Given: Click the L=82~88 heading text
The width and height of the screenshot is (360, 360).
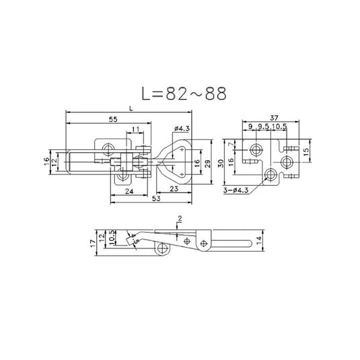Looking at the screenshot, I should (x=180, y=94).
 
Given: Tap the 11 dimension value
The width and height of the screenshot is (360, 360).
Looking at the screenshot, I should (x=136, y=129).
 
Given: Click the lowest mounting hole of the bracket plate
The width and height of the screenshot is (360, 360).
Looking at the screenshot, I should (x=271, y=174).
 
